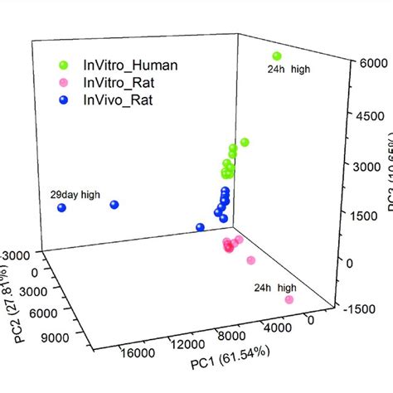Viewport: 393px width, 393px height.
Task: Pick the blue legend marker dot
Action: (62, 100)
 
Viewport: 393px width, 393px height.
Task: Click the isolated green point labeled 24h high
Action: (277, 56)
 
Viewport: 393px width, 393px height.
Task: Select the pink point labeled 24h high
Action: (289, 299)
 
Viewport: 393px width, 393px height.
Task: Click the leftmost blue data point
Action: (62, 208)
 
